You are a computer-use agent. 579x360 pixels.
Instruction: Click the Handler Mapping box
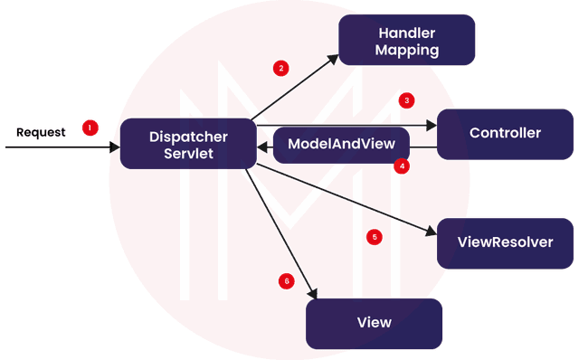[x=406, y=40]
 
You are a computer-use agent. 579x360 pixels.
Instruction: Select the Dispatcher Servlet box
[x=187, y=144]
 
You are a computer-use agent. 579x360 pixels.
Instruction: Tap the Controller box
[x=505, y=134]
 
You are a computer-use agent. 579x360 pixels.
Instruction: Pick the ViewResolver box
[x=505, y=242]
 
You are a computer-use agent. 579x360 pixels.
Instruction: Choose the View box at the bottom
[x=374, y=323]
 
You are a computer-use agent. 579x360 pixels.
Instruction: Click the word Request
[x=41, y=133]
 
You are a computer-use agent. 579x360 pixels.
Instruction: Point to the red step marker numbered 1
[x=90, y=128]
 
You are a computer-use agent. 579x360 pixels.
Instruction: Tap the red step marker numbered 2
[x=281, y=68]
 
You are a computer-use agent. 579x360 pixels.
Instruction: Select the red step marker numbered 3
[x=407, y=100]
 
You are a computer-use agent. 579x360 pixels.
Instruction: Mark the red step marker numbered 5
[x=375, y=237]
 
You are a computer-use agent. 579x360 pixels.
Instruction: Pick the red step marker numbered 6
[x=287, y=280]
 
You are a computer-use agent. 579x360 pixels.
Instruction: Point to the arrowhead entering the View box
[x=313, y=293]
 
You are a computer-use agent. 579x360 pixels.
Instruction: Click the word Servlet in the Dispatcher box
[x=187, y=154]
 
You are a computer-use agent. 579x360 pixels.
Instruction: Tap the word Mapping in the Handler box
[x=406, y=50]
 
